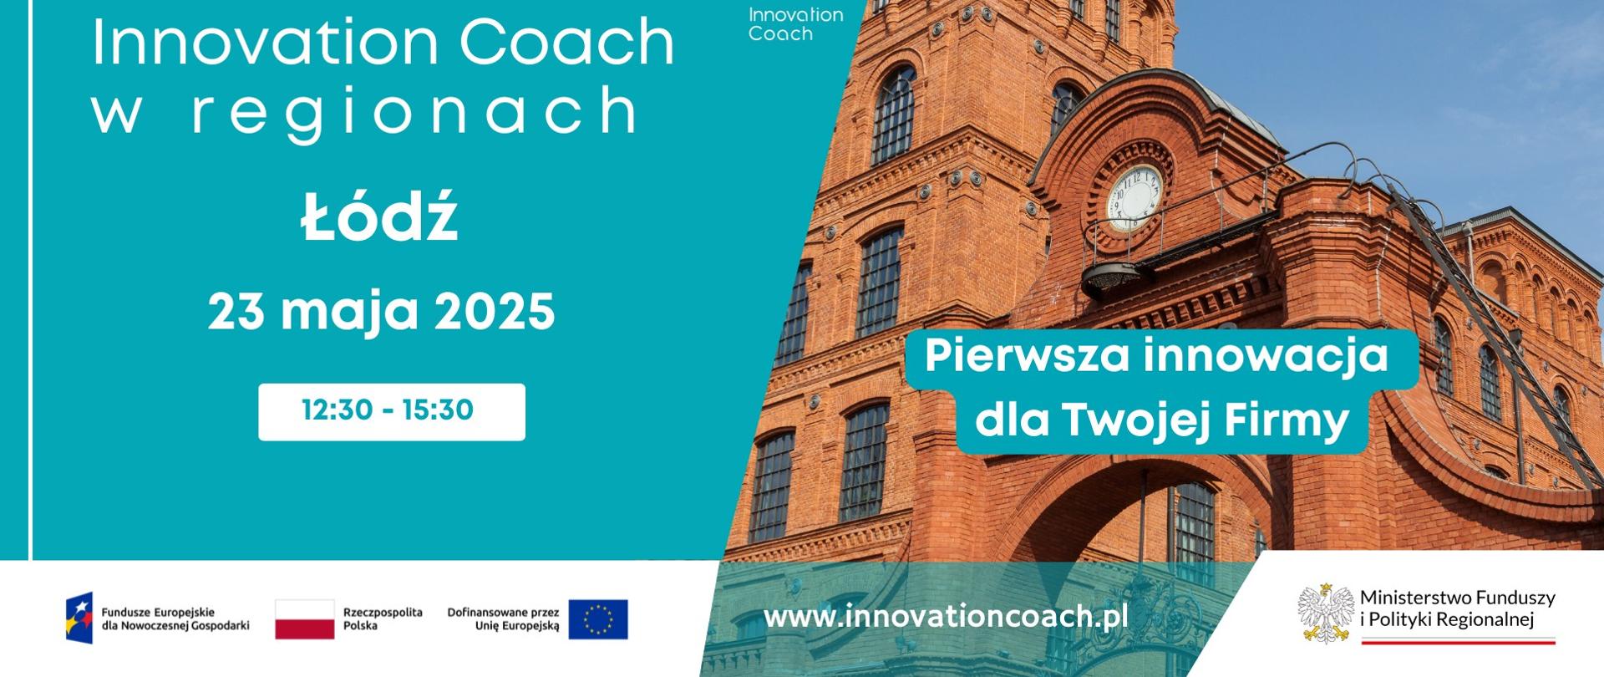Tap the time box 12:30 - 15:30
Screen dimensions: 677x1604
391,411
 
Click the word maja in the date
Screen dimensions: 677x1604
349,313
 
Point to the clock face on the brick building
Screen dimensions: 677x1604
1134,198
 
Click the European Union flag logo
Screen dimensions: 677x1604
598,619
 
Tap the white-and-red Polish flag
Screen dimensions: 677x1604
304,619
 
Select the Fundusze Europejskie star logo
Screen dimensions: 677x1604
80,618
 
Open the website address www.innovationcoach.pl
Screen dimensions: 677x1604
946,617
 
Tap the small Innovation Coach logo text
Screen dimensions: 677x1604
794,24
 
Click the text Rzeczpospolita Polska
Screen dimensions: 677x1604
383,618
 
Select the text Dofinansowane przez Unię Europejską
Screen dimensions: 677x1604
503,618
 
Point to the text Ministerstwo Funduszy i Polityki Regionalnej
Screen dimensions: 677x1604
1457,608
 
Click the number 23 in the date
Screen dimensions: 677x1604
236,313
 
